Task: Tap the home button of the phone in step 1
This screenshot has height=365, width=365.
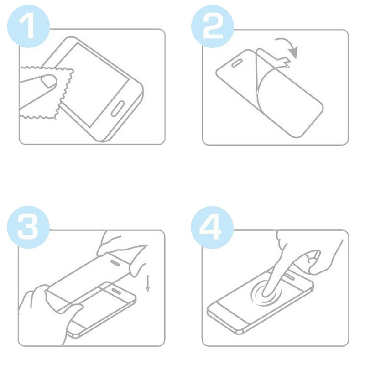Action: coord(120,110)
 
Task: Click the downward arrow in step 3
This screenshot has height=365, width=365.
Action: coord(148,283)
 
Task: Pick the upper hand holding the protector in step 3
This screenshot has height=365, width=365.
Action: coord(119,246)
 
